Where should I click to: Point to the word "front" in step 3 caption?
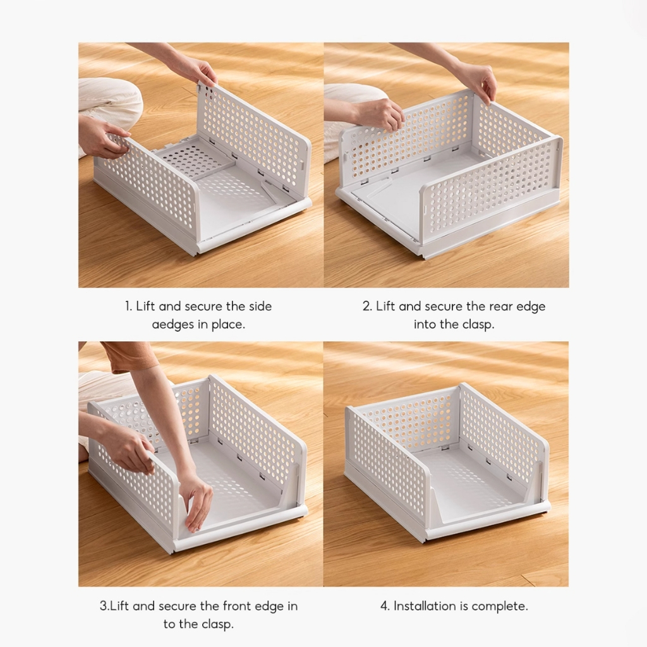click(237, 606)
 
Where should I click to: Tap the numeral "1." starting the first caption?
click(128, 306)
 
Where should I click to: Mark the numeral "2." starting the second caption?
click(367, 306)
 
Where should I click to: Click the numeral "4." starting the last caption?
click(385, 606)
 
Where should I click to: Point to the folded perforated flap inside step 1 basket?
click(195, 158)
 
